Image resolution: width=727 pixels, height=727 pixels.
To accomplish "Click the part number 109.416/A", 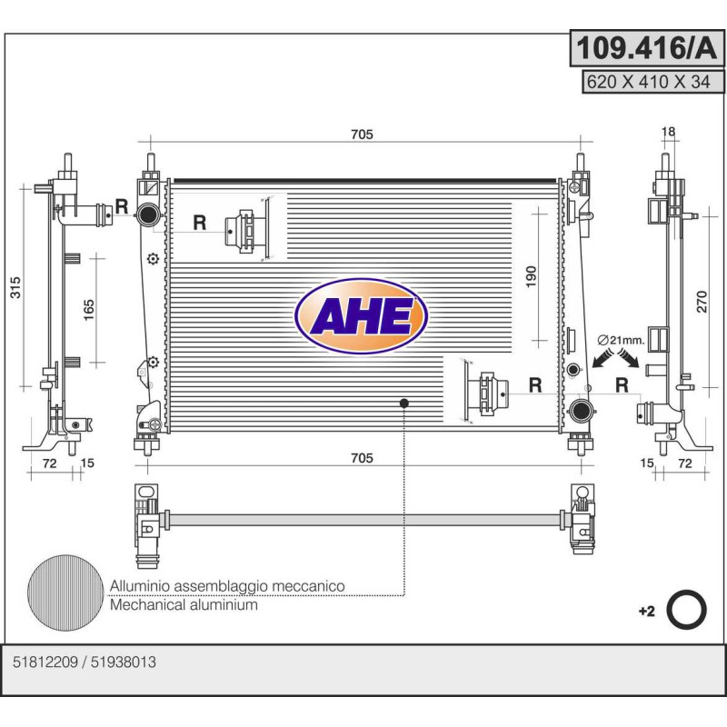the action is tap(646, 48).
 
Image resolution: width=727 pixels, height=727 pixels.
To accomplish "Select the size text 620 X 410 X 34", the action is tap(648, 82).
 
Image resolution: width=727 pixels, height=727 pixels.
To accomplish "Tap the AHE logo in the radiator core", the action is tap(361, 315).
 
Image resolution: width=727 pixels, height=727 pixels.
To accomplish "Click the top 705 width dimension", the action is tap(362, 134).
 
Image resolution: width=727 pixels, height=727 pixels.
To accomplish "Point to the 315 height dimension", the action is tap(15, 287).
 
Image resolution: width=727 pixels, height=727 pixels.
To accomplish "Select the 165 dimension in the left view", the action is tap(88, 310).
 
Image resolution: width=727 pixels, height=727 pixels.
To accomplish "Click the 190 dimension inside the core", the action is tap(532, 277).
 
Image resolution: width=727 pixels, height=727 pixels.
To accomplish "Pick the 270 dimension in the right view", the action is tap(702, 302).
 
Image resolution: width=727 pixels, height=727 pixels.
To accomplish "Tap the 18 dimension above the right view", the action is tap(668, 132).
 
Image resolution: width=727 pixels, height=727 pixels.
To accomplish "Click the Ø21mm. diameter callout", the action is tap(622, 340).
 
